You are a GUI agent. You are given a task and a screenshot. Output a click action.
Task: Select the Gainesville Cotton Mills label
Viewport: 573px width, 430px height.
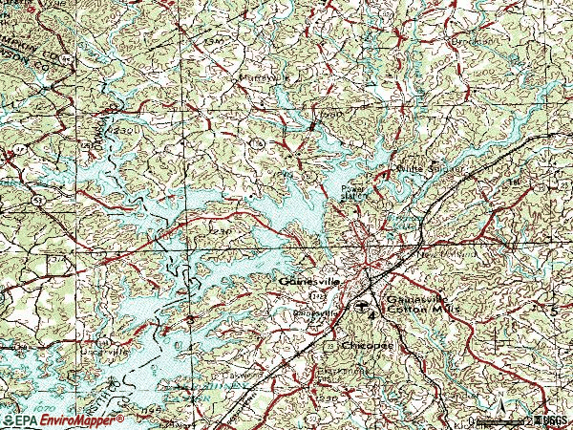coord(421,303)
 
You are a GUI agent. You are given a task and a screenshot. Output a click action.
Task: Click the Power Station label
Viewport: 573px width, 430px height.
coord(355,193)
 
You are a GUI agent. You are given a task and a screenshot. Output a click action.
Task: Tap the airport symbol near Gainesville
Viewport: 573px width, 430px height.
coord(362,306)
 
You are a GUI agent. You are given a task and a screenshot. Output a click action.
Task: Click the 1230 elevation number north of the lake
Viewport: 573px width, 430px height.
coord(221,230)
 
